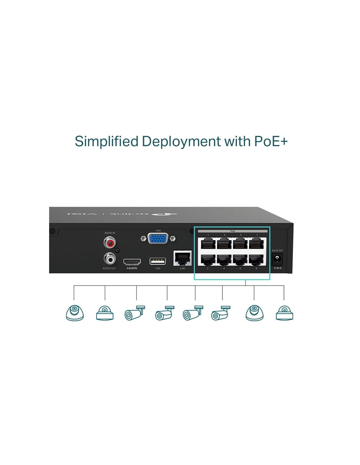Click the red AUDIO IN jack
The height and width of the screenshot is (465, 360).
point(110,243)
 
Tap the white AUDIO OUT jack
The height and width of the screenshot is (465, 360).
point(110,259)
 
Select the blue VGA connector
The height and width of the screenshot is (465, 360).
point(158,239)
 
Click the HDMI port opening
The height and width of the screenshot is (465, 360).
point(132,262)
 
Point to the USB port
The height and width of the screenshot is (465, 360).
point(157,261)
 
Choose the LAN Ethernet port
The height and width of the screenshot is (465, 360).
point(183,258)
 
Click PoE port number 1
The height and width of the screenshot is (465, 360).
point(208,243)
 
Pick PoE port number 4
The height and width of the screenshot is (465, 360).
point(224,260)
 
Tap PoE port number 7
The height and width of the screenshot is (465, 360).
point(257,243)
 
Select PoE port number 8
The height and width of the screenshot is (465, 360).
point(257,260)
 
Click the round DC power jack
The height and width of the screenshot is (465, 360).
point(278,259)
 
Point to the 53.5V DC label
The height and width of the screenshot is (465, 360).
point(277,250)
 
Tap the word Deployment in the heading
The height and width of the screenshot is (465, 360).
point(181,141)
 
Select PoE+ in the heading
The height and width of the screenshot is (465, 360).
point(271,141)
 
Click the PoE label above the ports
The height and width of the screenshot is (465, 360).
point(232,231)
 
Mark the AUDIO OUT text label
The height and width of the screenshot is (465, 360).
point(109,268)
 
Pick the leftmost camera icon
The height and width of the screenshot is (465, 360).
point(75,313)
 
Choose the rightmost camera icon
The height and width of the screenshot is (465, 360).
point(284,313)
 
